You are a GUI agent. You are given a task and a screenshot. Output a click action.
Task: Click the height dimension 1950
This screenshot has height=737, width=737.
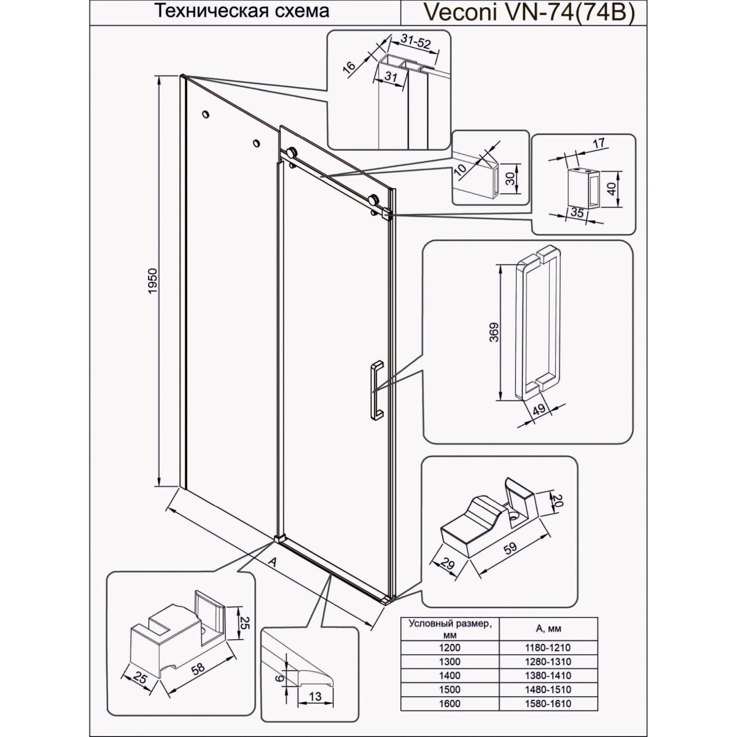click(154, 281)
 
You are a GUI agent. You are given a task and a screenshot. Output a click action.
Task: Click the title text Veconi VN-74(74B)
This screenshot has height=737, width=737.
click(528, 12)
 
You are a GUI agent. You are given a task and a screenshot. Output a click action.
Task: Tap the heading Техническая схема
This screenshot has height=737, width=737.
click(242, 11)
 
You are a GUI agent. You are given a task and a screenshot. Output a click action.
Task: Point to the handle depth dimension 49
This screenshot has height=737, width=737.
click(539, 410)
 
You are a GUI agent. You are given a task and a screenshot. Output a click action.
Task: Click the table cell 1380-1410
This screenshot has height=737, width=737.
click(549, 675)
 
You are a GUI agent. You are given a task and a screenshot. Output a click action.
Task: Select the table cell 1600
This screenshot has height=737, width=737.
click(450, 703)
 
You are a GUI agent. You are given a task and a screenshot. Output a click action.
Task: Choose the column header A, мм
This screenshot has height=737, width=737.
click(549, 629)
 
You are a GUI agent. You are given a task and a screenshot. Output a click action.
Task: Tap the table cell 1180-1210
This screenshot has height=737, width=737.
click(549, 647)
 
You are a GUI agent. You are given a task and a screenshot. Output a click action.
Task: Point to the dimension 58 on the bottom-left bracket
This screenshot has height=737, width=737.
click(198, 669)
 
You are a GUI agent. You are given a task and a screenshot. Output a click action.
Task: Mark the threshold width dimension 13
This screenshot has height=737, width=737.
click(315, 696)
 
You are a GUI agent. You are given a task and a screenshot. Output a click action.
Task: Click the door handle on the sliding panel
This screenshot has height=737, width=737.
click(376, 391)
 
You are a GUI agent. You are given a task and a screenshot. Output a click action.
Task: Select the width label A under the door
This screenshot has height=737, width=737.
click(273, 562)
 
